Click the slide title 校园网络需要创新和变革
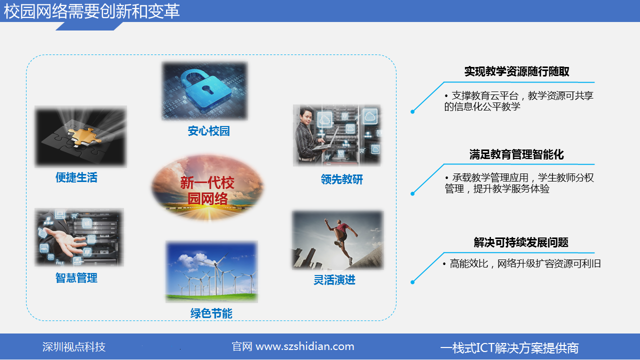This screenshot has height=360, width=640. click(x=91, y=11)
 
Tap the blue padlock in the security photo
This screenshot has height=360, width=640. click(x=205, y=90)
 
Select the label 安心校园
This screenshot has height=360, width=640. click(x=208, y=131)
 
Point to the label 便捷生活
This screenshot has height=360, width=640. click(x=76, y=177)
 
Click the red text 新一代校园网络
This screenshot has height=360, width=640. click(x=207, y=190)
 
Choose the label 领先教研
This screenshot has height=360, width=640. click(x=341, y=179)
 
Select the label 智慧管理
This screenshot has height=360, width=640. click(x=76, y=277)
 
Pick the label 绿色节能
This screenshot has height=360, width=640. click(x=211, y=313)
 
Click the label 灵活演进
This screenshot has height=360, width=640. click(x=334, y=280)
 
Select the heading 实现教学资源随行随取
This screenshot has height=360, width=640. click(x=516, y=71)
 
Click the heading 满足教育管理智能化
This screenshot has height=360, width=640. click(x=516, y=154)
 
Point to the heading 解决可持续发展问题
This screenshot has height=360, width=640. click(x=521, y=242)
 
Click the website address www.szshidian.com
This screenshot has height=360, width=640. click(x=305, y=346)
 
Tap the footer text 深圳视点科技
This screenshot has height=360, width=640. click(x=74, y=347)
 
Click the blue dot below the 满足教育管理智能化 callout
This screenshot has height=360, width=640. click(x=412, y=193)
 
